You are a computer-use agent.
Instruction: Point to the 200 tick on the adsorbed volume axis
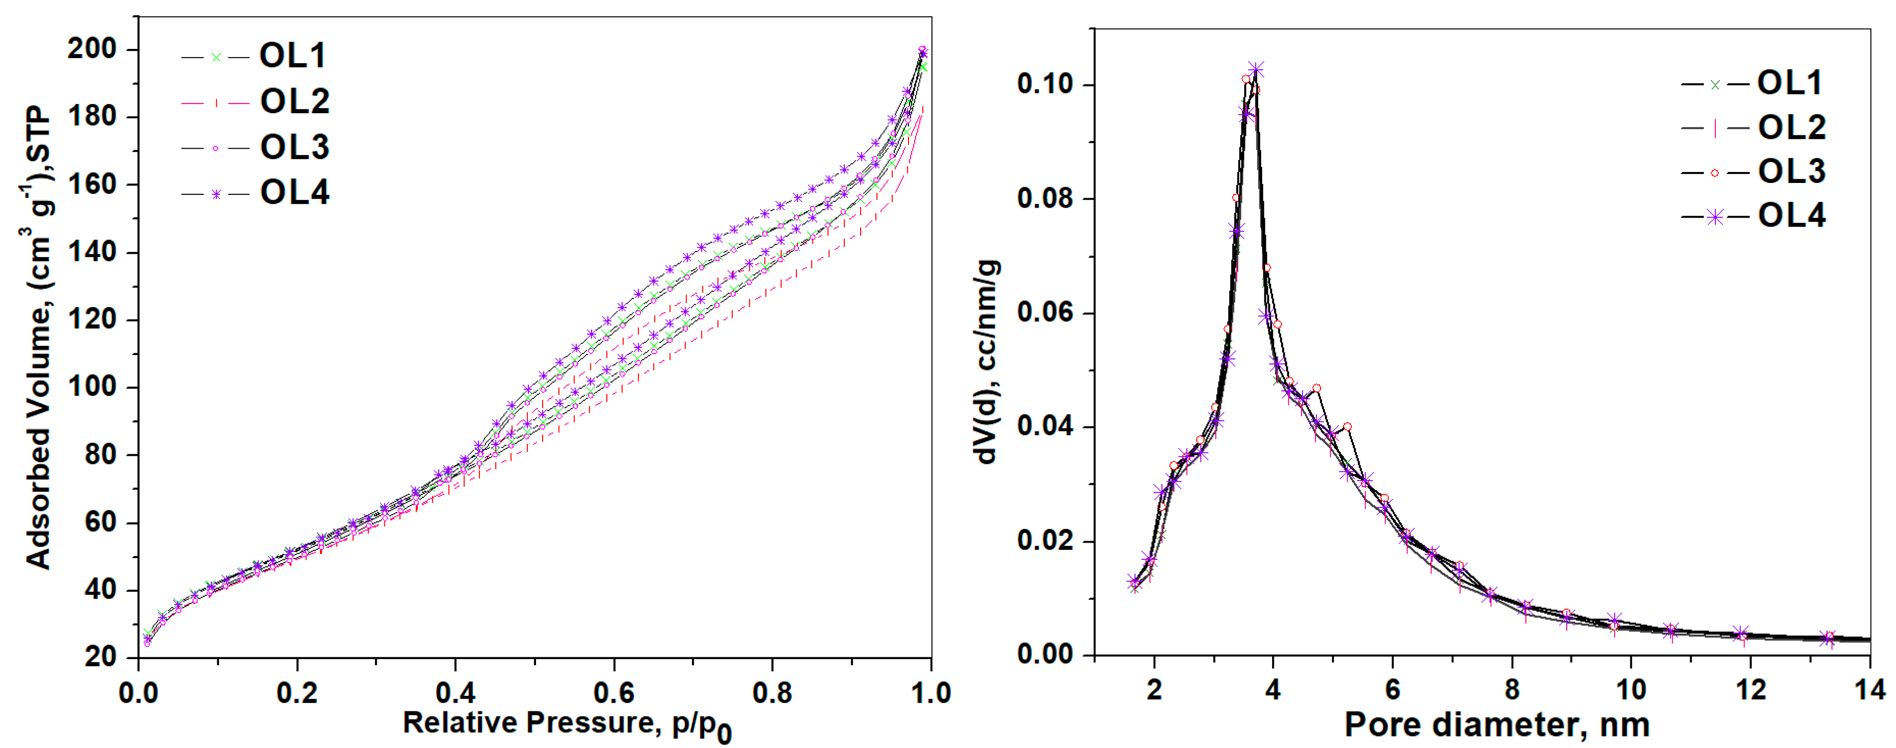click(92, 49)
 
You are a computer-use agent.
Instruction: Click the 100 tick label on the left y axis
click(92, 386)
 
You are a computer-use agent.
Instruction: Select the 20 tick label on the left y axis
click(101, 656)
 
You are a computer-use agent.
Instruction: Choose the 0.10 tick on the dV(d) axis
click(1045, 84)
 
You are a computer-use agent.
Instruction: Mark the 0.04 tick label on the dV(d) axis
click(1045, 427)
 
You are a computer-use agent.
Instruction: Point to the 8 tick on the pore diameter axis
click(1512, 690)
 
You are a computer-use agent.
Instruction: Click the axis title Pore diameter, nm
click(1497, 725)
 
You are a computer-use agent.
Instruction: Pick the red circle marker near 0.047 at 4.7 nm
click(1317, 388)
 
